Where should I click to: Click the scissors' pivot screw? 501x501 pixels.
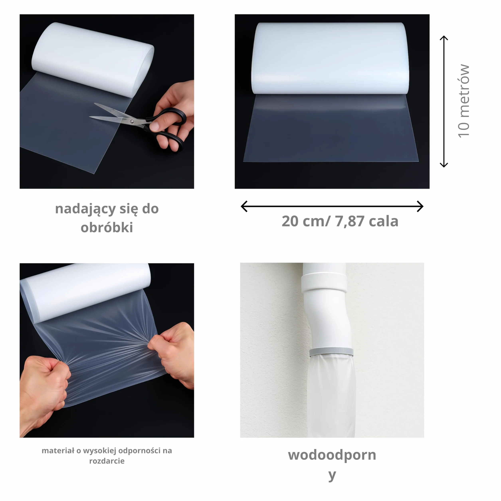(132, 121)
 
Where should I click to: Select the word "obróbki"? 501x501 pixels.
(107, 227)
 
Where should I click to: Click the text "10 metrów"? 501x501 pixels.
(464, 101)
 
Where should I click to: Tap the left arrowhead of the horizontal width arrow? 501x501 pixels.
(244, 206)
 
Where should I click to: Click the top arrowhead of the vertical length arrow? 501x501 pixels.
(444, 38)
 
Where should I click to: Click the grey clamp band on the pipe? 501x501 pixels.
(331, 352)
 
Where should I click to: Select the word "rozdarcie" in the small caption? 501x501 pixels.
(107, 461)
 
